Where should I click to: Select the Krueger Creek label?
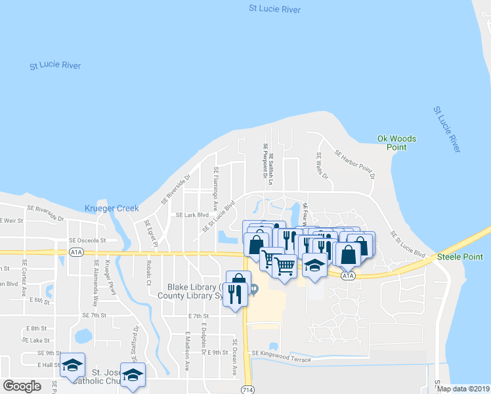112,208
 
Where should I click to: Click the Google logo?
22,385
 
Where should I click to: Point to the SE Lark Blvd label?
192,215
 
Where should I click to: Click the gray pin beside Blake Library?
254,290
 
